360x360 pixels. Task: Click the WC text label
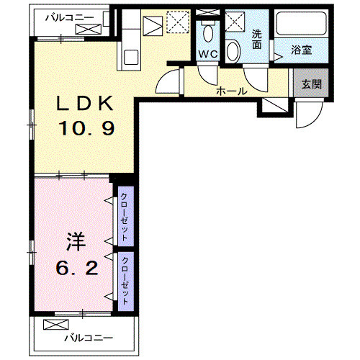pyautogui.click(x=208, y=54)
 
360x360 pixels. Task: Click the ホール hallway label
pyautogui.click(x=232, y=91)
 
